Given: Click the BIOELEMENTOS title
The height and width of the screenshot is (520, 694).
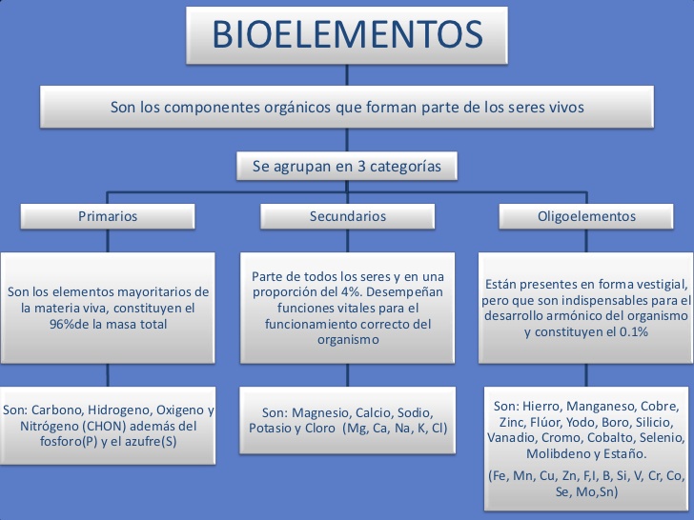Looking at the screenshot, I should tap(347, 36).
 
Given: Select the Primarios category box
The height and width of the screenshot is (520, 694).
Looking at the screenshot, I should tap(108, 216).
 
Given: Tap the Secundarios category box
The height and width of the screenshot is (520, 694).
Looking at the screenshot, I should tap(348, 216).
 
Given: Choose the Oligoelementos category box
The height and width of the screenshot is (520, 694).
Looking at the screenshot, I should tap(586, 216).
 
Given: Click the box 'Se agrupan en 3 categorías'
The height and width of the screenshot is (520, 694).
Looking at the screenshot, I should tap(347, 166).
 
